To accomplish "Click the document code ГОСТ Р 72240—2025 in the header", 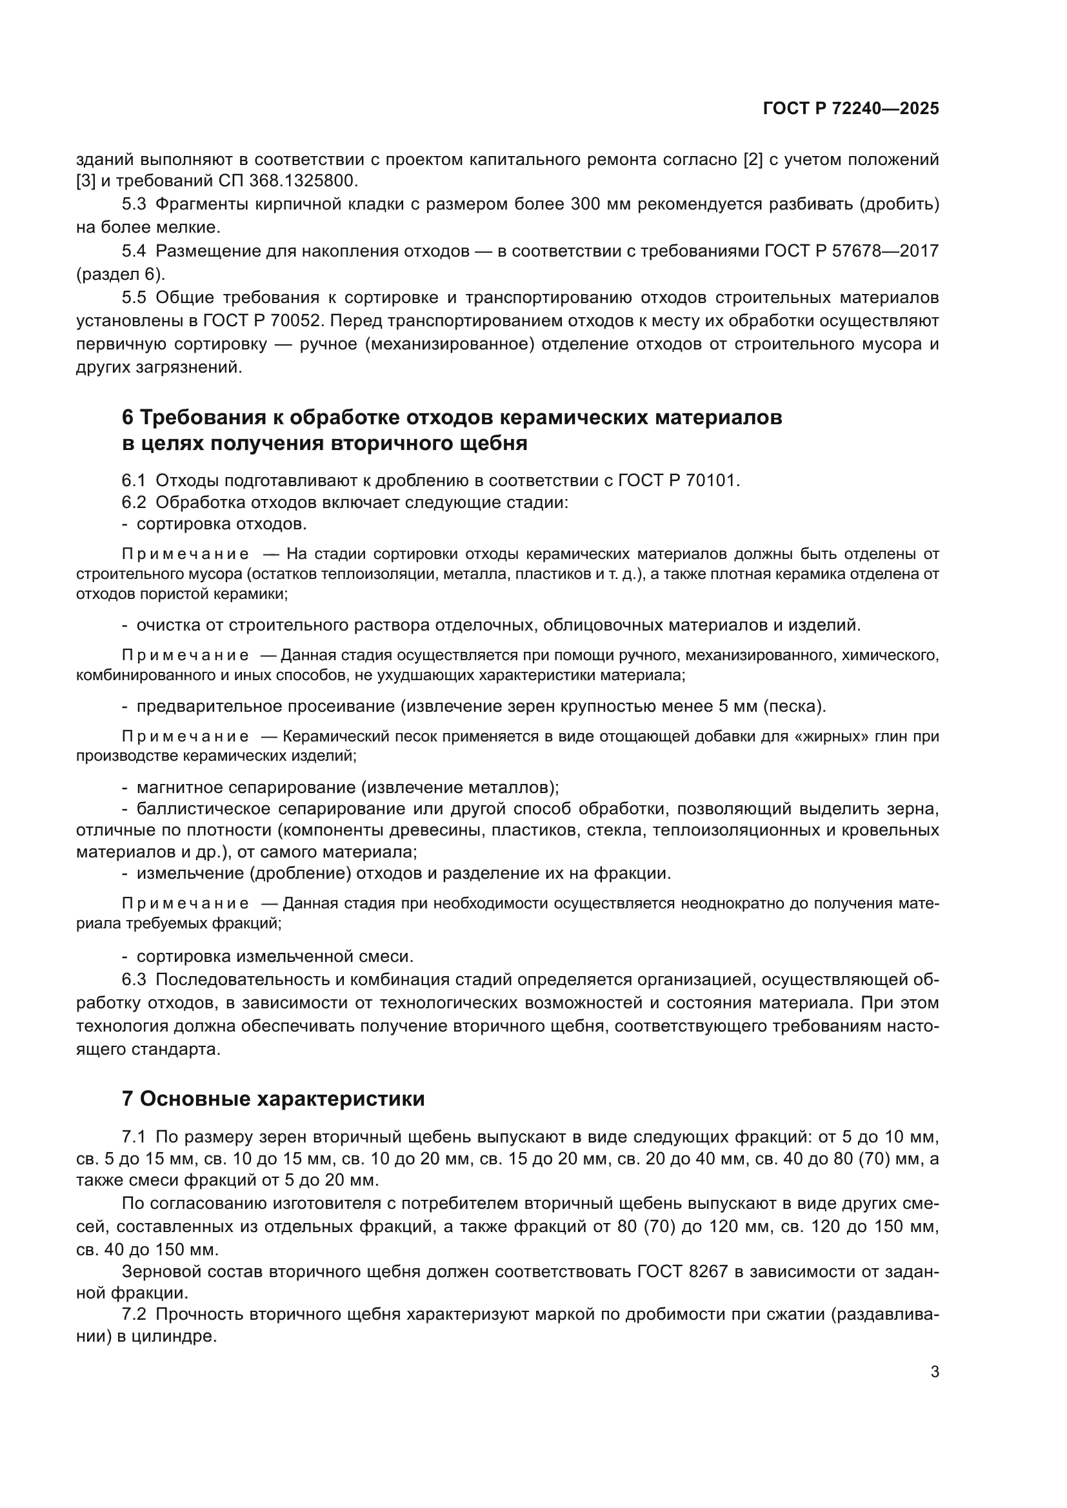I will pyautogui.click(x=851, y=109).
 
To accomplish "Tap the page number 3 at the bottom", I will pyautogui.click(x=934, y=1371).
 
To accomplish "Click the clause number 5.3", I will pyautogui.click(x=134, y=204).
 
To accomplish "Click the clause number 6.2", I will pyautogui.click(x=134, y=502).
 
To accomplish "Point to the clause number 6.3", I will pyautogui.click(x=134, y=979).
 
